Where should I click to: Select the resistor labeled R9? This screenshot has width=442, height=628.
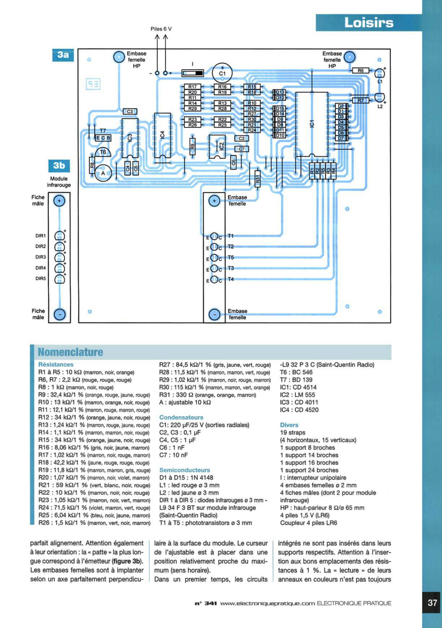click(192, 146)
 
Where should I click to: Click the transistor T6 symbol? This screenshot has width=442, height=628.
click(103, 152)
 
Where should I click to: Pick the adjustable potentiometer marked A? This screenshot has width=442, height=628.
click(103, 173)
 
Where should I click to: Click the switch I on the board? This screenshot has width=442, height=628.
click(193, 73)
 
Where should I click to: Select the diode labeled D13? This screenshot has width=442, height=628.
click(279, 92)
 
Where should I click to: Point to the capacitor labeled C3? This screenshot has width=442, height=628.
click(130, 112)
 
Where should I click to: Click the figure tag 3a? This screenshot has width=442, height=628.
click(63, 55)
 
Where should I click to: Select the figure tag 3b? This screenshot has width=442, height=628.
click(59, 166)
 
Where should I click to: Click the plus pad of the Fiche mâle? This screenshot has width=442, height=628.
click(59, 201)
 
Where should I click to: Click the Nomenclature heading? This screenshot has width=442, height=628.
click(70, 352)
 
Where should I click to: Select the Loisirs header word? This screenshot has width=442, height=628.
click(369, 23)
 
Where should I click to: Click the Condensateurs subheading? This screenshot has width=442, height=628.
click(181, 417)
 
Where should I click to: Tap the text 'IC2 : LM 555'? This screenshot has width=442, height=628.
click(297, 395)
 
